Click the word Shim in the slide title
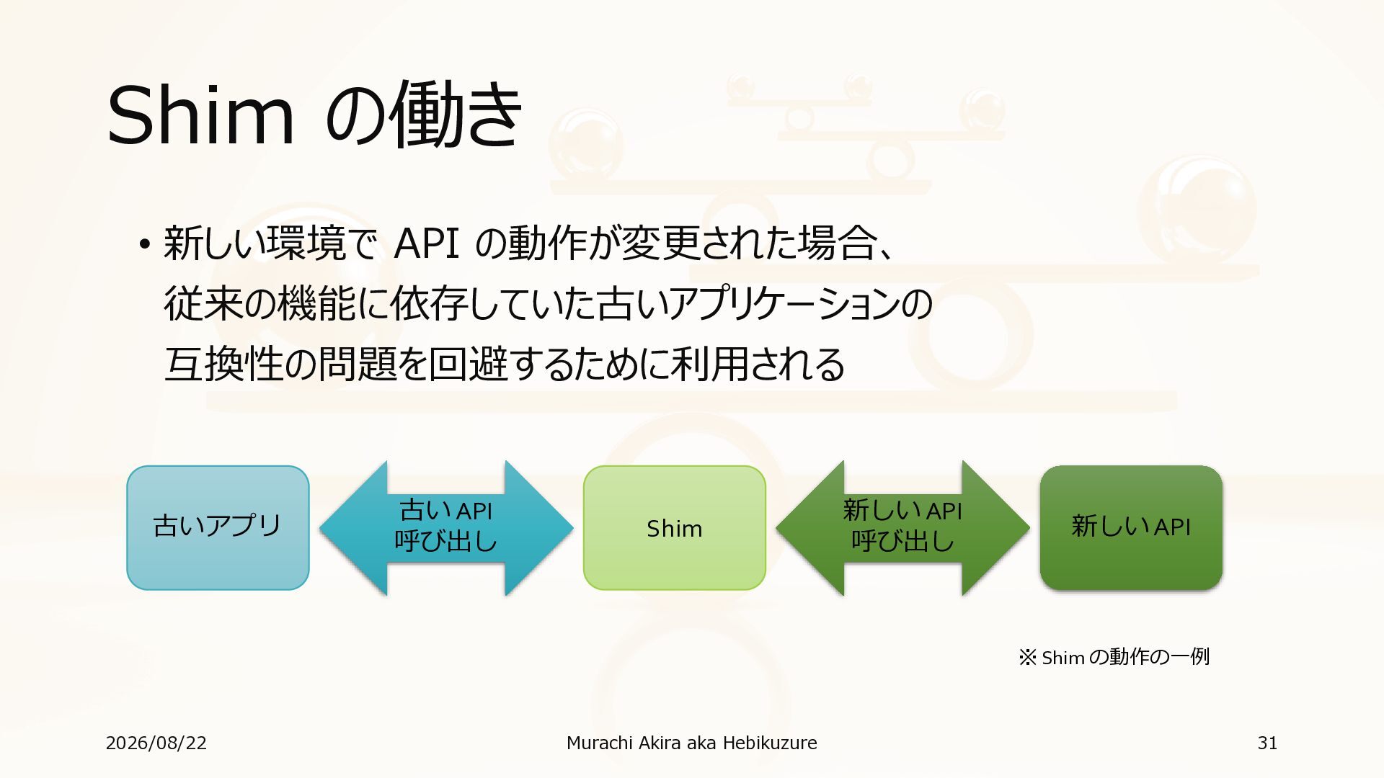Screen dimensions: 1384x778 tap(201, 115)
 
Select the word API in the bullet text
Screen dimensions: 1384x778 tap(427, 243)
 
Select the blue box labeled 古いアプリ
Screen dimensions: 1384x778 tap(218, 528)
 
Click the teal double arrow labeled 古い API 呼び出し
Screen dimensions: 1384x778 tap(446, 528)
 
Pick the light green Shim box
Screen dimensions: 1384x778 tap(674, 528)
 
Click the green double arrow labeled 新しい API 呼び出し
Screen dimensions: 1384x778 tap(902, 528)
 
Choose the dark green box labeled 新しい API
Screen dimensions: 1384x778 tap(1131, 528)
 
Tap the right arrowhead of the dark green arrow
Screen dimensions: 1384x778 tap(995, 528)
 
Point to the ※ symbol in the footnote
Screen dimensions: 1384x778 tap(1027, 657)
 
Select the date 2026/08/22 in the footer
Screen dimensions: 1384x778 tap(156, 743)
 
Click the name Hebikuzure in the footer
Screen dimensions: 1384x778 tap(770, 743)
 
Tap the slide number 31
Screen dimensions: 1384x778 tap(1267, 743)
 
